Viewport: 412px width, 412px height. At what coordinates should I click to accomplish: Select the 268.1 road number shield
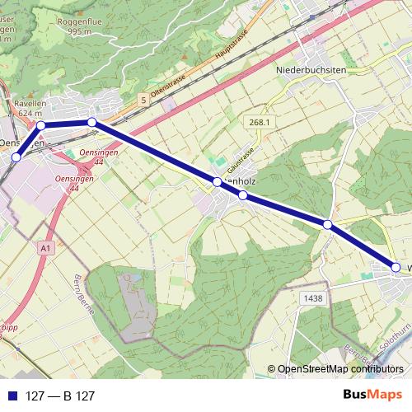(260, 122)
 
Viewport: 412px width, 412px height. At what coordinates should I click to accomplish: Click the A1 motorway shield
(45, 246)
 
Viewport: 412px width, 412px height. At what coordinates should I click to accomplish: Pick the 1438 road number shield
(312, 298)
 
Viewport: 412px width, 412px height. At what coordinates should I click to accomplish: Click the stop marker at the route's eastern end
(396, 267)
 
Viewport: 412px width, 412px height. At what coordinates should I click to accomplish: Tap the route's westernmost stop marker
(16, 157)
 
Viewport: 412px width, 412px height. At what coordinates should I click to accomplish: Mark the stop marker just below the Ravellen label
(40, 125)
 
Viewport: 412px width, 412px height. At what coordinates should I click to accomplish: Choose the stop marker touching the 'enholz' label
(218, 181)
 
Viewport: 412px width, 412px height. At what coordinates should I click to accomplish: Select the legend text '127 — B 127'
(60, 396)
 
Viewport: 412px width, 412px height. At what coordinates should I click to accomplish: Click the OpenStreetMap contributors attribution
(339, 370)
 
